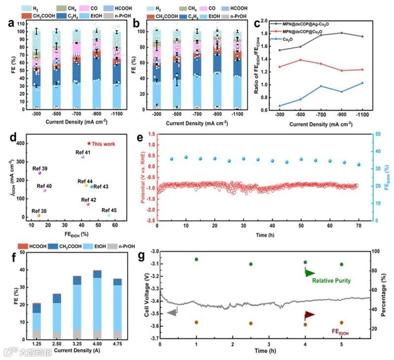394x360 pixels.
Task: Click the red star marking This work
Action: pos(89,143)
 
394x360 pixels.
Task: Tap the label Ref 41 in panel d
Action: pos(83,152)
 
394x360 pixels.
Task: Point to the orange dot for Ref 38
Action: pos(39,215)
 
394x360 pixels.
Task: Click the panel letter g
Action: pos(142,256)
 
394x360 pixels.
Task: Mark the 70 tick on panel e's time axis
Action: pos(359,226)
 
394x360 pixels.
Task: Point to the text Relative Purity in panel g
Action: pos(331,281)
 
